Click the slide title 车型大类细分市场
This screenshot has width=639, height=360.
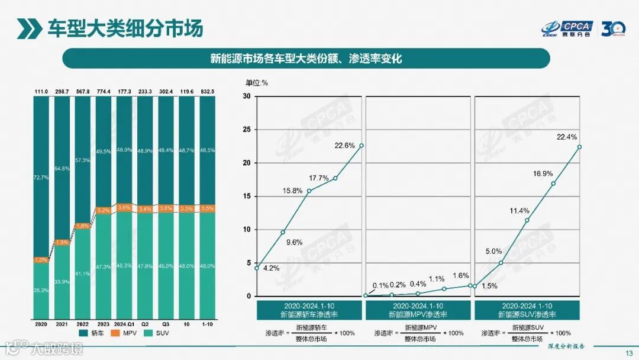[x=125, y=27]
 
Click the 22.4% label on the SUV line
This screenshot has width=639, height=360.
[x=567, y=137]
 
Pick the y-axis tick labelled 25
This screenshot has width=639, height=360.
[x=247, y=130]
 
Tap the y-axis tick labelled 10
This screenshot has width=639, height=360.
[x=247, y=230]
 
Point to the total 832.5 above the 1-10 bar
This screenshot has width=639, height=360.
[x=207, y=91]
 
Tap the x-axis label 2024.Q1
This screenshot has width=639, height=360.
[x=124, y=324]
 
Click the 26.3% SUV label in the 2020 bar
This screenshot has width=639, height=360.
[x=41, y=290]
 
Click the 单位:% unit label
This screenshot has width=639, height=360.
[x=257, y=83]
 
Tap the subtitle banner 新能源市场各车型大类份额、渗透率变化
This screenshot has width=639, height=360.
[x=306, y=59]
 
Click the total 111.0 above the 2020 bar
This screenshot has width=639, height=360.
[x=41, y=91]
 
